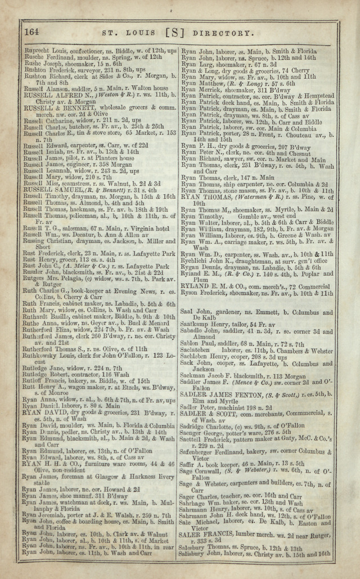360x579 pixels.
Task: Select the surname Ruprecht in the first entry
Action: (x=35, y=51)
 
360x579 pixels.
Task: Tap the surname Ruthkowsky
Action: (x=43, y=356)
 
